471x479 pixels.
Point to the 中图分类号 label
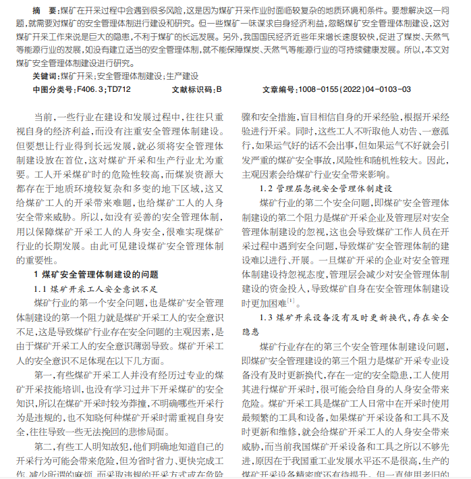point(55,89)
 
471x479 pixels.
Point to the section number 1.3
point(266,318)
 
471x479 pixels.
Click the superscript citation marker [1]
point(291,300)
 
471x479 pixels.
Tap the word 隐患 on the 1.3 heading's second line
point(250,332)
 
